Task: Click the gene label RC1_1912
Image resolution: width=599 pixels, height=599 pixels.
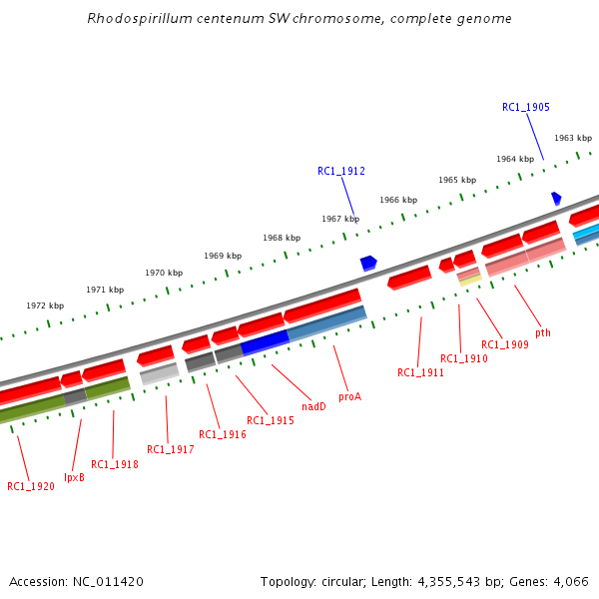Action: (x=341, y=172)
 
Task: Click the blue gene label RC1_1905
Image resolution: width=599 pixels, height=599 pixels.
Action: (x=526, y=107)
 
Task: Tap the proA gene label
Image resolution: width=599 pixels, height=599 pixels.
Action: (x=349, y=396)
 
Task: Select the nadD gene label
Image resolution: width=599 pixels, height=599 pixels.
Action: (x=313, y=406)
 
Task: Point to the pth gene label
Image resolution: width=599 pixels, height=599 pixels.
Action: (x=543, y=332)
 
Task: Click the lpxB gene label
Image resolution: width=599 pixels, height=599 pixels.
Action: (x=74, y=477)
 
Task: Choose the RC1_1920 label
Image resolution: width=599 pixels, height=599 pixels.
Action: (x=31, y=486)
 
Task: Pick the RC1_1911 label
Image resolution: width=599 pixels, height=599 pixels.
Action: (x=421, y=372)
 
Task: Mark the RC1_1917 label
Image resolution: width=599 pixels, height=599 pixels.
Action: (x=170, y=449)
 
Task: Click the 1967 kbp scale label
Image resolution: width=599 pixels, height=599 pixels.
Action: (x=340, y=219)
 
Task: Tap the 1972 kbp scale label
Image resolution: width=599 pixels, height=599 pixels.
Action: (x=45, y=305)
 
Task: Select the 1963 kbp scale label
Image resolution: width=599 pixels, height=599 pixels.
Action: (x=573, y=138)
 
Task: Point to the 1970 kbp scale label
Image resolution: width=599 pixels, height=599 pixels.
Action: (x=164, y=273)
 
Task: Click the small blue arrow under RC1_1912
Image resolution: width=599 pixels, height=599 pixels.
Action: (x=368, y=263)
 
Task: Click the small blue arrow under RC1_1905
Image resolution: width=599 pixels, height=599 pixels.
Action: (x=556, y=199)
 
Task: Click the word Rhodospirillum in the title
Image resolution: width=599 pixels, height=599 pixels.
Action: (x=134, y=18)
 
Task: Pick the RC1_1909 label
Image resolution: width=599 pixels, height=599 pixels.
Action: (x=505, y=344)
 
